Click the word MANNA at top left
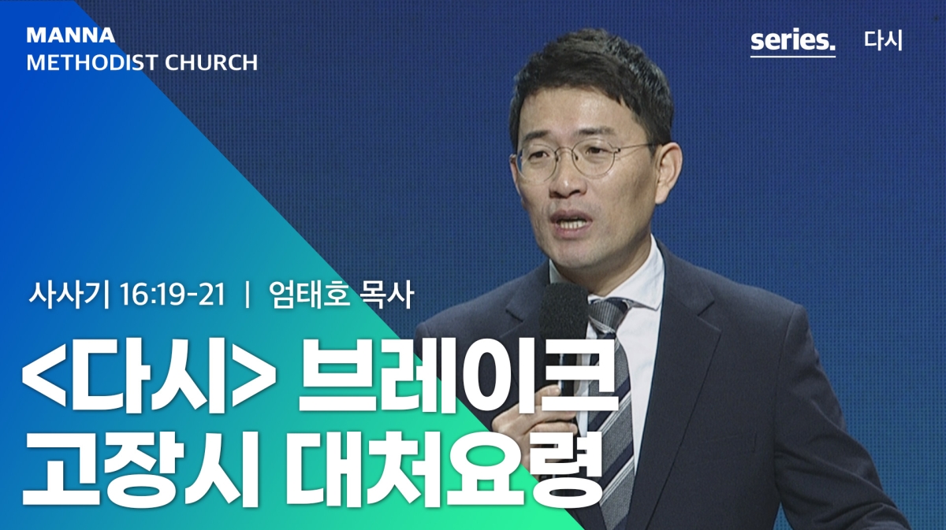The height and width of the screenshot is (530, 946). (x=70, y=35)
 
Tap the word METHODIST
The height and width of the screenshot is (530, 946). (x=91, y=63)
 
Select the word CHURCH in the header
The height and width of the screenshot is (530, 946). (x=211, y=63)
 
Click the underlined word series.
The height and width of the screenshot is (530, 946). (x=793, y=41)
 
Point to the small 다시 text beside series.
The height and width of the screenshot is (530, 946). (x=883, y=40)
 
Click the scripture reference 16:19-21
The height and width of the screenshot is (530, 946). (x=173, y=295)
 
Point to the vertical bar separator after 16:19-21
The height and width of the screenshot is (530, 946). (x=247, y=295)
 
